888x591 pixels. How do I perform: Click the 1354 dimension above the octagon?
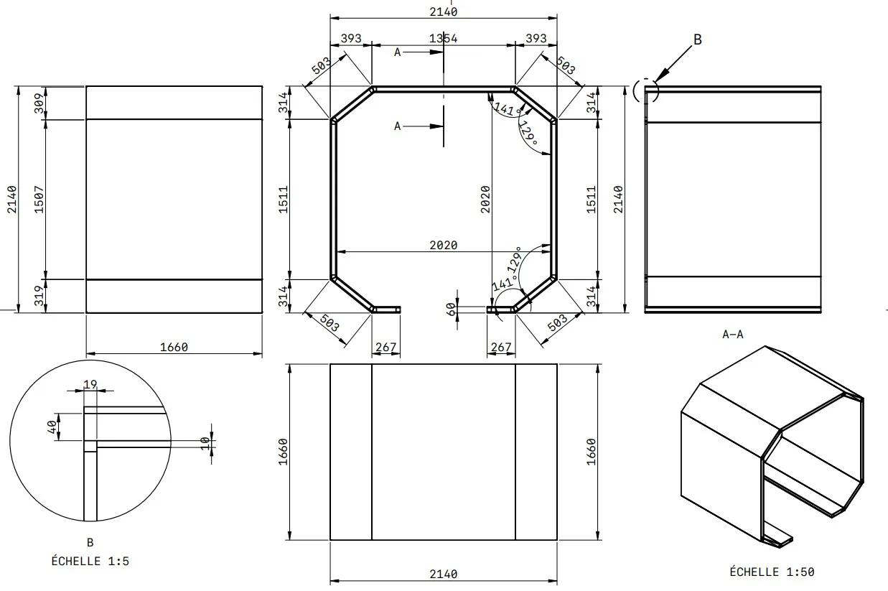(x=443, y=39)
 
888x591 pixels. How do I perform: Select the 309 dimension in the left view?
(x=39, y=103)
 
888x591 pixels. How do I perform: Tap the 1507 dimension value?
(x=39, y=200)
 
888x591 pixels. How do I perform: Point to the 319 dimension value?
(x=39, y=296)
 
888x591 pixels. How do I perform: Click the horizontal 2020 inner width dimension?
(x=443, y=245)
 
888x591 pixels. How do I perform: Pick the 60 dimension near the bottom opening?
(x=451, y=309)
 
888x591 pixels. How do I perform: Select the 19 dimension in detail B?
(x=90, y=384)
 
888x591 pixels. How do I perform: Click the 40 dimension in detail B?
(x=52, y=427)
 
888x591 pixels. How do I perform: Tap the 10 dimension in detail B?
(x=205, y=444)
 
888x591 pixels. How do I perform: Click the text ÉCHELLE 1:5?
(x=90, y=561)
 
